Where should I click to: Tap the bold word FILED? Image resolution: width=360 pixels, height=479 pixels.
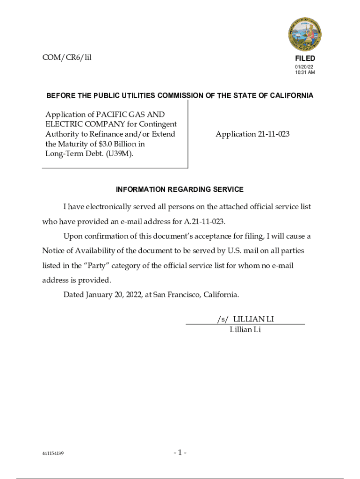tap(305, 58)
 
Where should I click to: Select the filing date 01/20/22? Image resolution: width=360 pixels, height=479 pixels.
tap(302, 67)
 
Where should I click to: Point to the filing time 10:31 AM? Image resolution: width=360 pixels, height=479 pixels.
tap(305, 73)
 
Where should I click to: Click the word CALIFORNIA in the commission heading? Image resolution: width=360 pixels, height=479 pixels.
tap(290, 96)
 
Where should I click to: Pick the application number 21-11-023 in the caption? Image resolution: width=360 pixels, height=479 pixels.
tap(274, 134)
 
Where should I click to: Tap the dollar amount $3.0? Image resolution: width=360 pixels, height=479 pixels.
tap(100, 144)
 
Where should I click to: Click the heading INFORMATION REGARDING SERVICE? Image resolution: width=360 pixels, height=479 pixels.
tap(180, 189)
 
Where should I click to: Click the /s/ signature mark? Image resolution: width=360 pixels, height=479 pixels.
tap(223, 319)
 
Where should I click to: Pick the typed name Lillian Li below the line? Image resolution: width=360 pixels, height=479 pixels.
tap(245, 330)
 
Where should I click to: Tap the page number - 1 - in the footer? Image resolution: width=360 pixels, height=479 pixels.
tap(180, 453)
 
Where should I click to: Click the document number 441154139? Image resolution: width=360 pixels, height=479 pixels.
tap(53, 454)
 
